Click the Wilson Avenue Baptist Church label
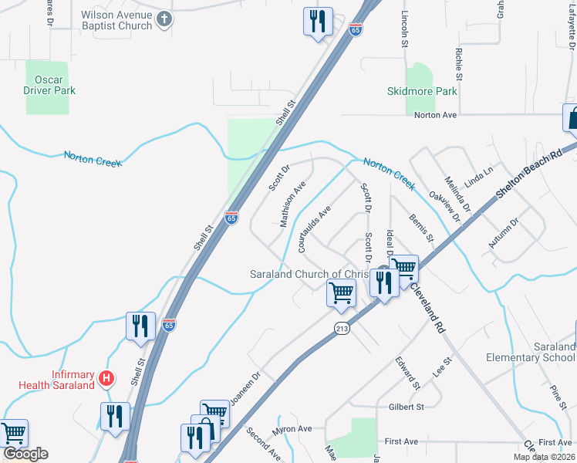116,20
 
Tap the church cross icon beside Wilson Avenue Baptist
164,20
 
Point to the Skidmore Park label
421,91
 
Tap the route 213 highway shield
342,329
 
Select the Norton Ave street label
435,115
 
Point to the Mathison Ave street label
293,204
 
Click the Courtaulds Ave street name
314,229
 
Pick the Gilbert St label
407,407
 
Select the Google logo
25,454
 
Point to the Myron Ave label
292,429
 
